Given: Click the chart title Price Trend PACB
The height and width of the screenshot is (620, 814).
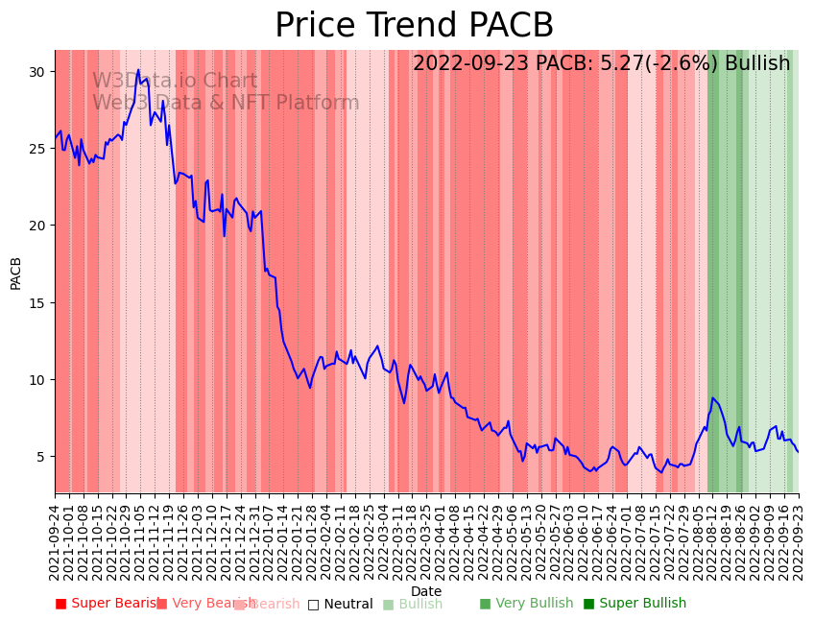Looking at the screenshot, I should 414,26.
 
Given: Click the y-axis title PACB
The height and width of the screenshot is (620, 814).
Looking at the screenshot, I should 15,272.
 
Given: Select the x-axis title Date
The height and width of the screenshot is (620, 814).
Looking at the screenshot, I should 426,591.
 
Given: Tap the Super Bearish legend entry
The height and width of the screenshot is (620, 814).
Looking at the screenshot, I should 106,604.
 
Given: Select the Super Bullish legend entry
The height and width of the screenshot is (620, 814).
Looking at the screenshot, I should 634,604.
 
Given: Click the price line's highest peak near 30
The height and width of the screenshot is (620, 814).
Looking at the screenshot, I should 138,70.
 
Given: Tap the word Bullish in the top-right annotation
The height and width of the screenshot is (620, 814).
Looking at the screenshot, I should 757,63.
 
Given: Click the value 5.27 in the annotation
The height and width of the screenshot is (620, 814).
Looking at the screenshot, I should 602,63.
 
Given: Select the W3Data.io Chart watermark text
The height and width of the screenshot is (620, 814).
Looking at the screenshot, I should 175,82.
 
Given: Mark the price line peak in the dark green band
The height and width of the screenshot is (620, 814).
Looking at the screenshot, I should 713,397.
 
